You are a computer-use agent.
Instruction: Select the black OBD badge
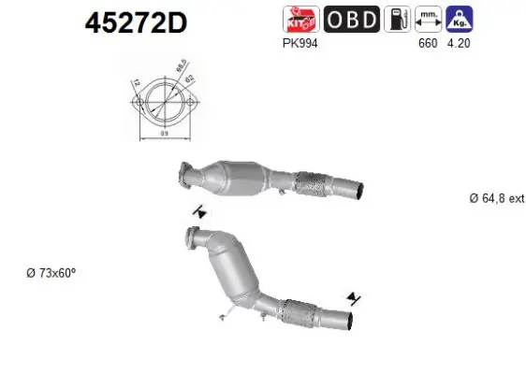tap(351, 17)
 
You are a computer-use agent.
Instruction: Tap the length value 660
tap(427, 41)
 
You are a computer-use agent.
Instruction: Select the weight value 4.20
tap(458, 41)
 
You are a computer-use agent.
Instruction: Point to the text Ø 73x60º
tap(51, 273)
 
